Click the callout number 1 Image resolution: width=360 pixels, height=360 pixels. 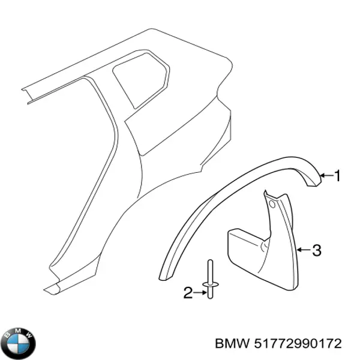[x=337, y=176]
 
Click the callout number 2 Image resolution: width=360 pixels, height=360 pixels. [x=188, y=293]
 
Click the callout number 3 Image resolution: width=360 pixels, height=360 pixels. [x=317, y=250]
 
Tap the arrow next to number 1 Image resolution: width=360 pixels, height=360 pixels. [x=326, y=176]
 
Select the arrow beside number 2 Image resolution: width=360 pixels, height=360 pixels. [x=200, y=293]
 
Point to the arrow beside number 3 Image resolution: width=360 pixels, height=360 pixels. [x=303, y=250]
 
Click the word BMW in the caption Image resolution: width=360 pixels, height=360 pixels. [x=232, y=344]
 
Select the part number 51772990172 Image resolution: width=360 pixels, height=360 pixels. [x=298, y=344]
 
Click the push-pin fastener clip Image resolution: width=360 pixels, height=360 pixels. [x=210, y=279]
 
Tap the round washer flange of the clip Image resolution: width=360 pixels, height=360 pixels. [x=210, y=286]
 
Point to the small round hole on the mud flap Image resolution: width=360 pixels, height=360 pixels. [x=272, y=204]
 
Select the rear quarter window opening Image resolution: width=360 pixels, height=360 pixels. [x=141, y=80]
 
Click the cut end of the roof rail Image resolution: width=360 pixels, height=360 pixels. [x=27, y=96]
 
